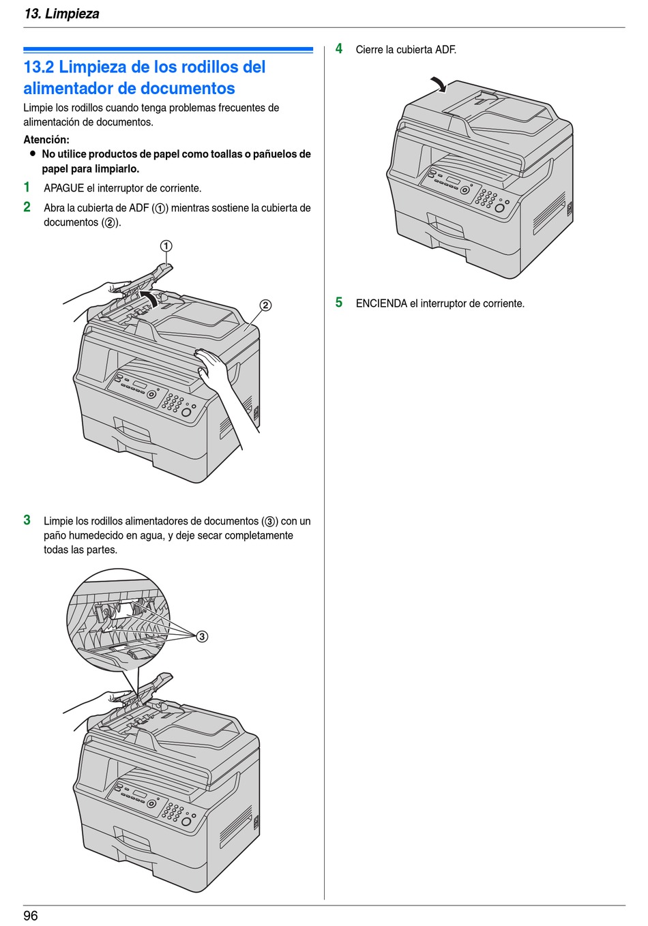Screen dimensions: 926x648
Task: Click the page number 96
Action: pyautogui.click(x=31, y=916)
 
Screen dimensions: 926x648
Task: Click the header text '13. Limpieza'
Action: pyautogui.click(x=61, y=14)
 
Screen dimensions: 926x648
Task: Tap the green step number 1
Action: pyautogui.click(x=27, y=188)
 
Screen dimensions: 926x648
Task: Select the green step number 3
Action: pyautogui.click(x=27, y=520)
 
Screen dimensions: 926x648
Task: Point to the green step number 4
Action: pyautogui.click(x=339, y=49)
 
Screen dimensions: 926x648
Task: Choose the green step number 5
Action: pyautogui.click(x=339, y=303)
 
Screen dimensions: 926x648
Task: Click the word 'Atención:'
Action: pyautogui.click(x=46, y=140)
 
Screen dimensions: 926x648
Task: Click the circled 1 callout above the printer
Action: pyautogui.click(x=166, y=246)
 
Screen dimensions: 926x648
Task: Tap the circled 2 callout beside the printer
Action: pyautogui.click(x=265, y=305)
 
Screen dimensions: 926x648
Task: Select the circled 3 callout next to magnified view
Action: pyautogui.click(x=202, y=637)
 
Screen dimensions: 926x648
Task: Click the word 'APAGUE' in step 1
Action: pyautogui.click(x=64, y=188)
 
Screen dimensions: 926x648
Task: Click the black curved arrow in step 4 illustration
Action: pyautogui.click(x=437, y=85)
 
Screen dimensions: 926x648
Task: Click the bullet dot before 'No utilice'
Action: pyautogui.click(x=32, y=154)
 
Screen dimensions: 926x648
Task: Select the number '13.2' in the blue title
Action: pyautogui.click(x=39, y=68)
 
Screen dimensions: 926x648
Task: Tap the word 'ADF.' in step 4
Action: pyautogui.click(x=445, y=50)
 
